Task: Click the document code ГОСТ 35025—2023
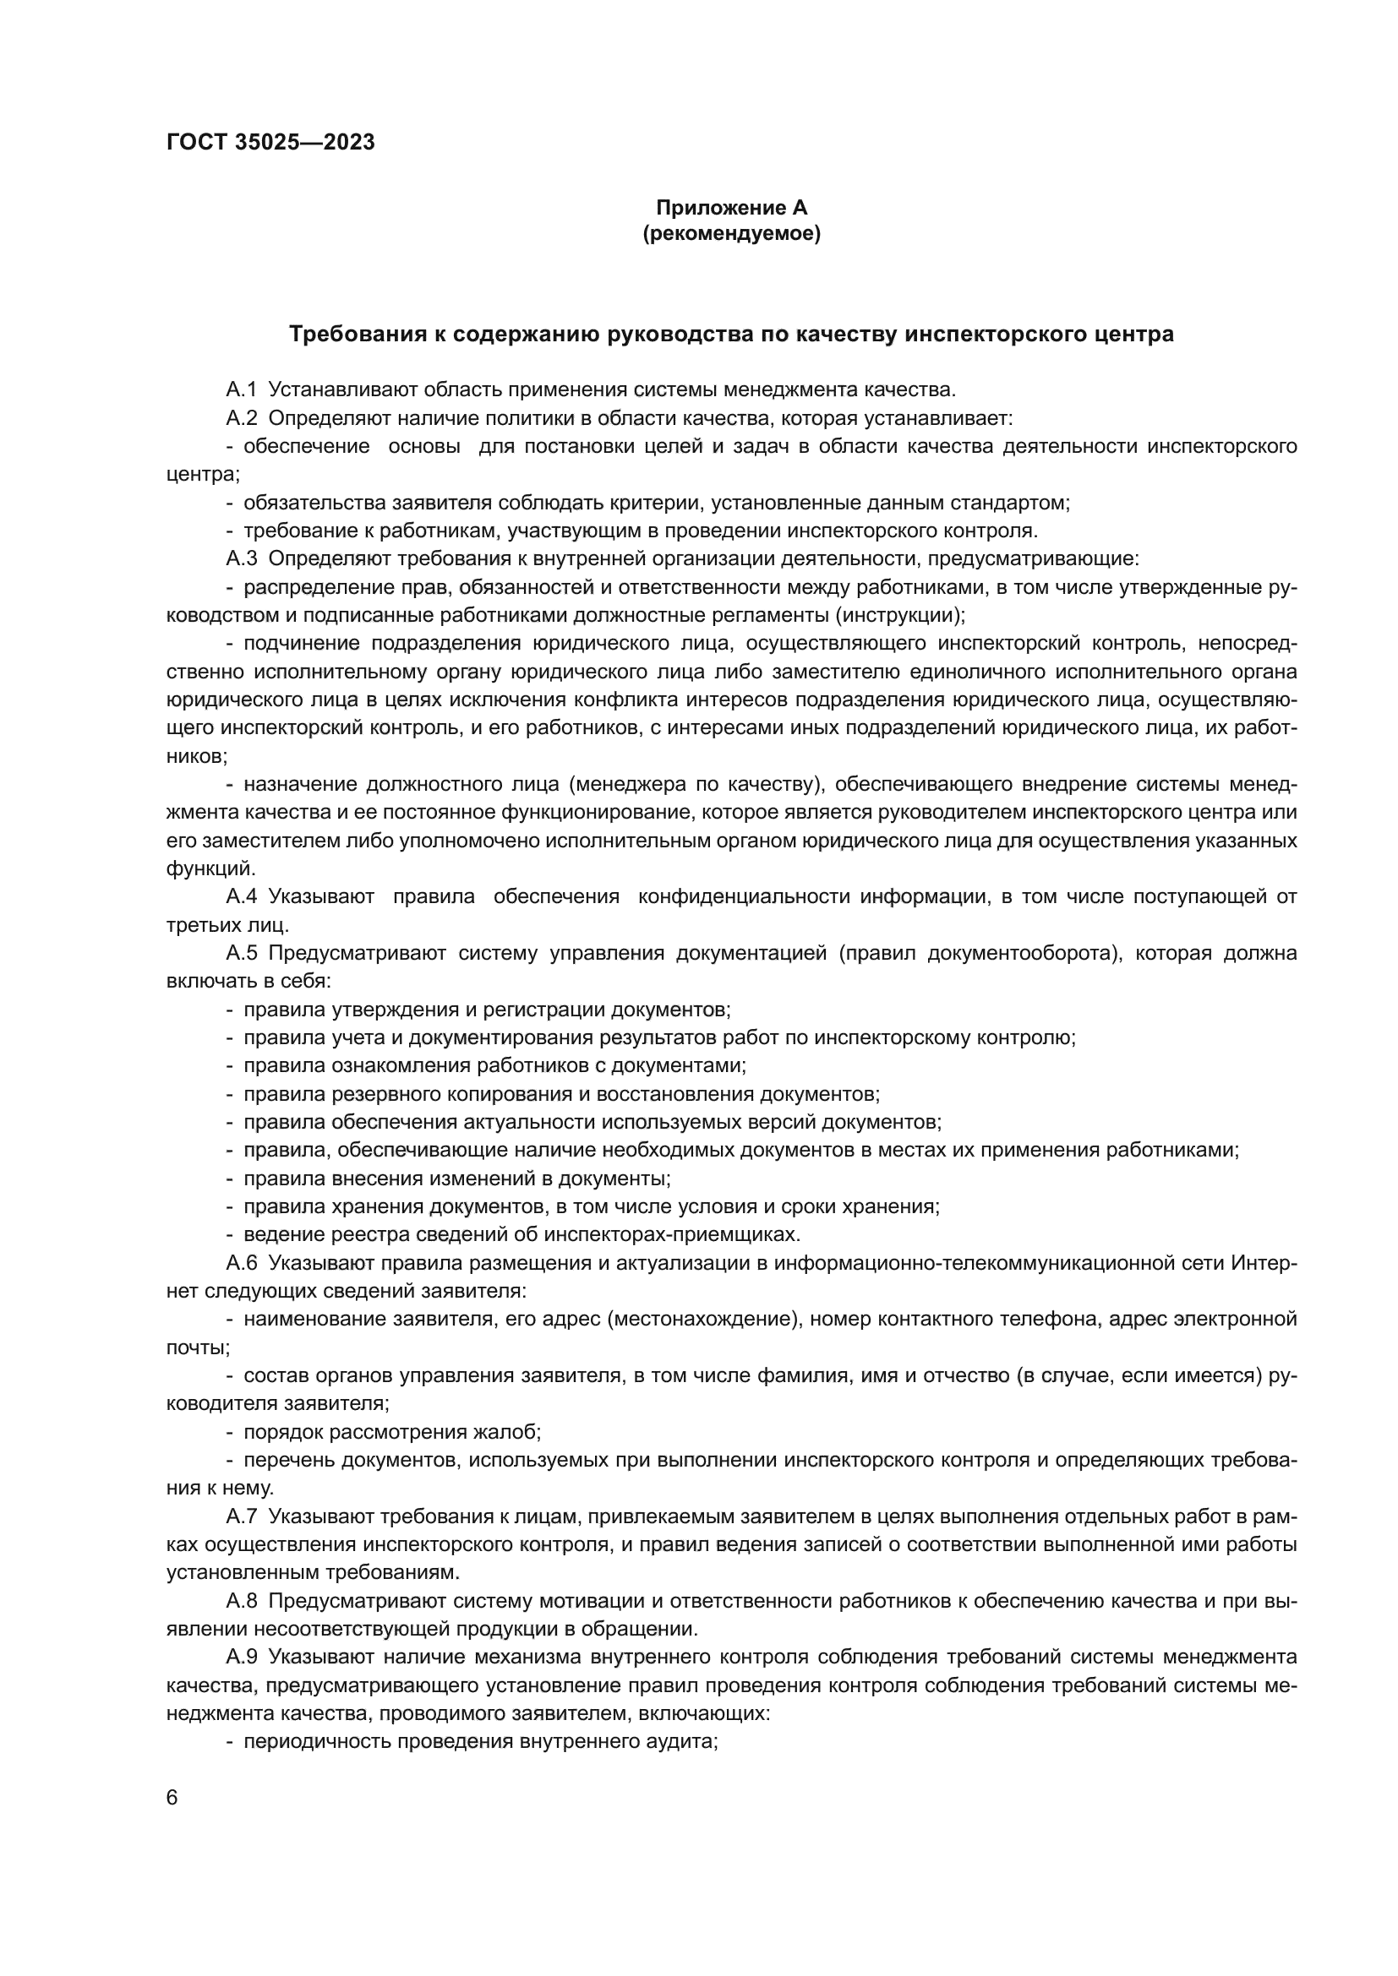[270, 143]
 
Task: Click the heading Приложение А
[732, 208]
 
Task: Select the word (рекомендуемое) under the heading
[732, 233]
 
